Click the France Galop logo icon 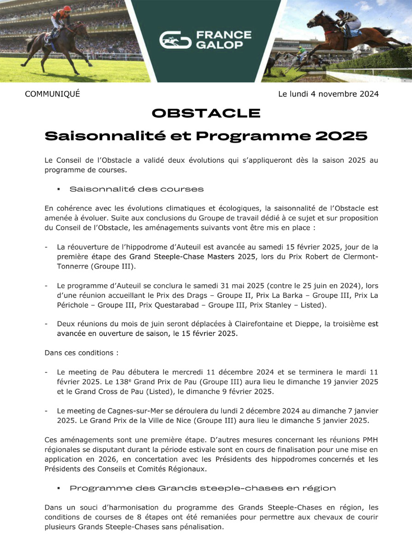point(175,40)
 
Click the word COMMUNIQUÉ point(52,94)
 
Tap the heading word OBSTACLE point(206,113)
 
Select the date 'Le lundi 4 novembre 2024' point(328,94)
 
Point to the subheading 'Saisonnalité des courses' point(136,189)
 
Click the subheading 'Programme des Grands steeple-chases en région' point(203,488)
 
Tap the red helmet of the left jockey point(67,9)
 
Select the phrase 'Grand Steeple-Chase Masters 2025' point(192,257)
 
